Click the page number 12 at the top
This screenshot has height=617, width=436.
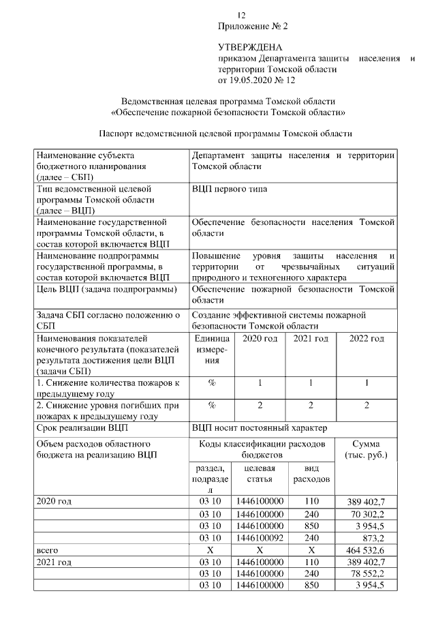coord(240,15)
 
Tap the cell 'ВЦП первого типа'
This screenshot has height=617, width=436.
coord(230,188)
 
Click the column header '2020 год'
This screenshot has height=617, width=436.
coord(260,338)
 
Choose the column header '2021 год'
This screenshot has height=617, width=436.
coord(310,338)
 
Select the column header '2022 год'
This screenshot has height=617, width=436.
coord(366,338)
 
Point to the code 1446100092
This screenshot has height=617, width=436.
coord(259,537)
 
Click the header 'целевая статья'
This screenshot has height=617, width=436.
coord(260,474)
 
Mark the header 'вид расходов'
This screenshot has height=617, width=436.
coord(311,474)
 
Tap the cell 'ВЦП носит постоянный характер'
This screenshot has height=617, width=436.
coord(260,428)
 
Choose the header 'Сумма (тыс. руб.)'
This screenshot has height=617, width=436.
coord(367,449)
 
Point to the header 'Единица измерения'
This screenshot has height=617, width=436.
coord(211,348)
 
